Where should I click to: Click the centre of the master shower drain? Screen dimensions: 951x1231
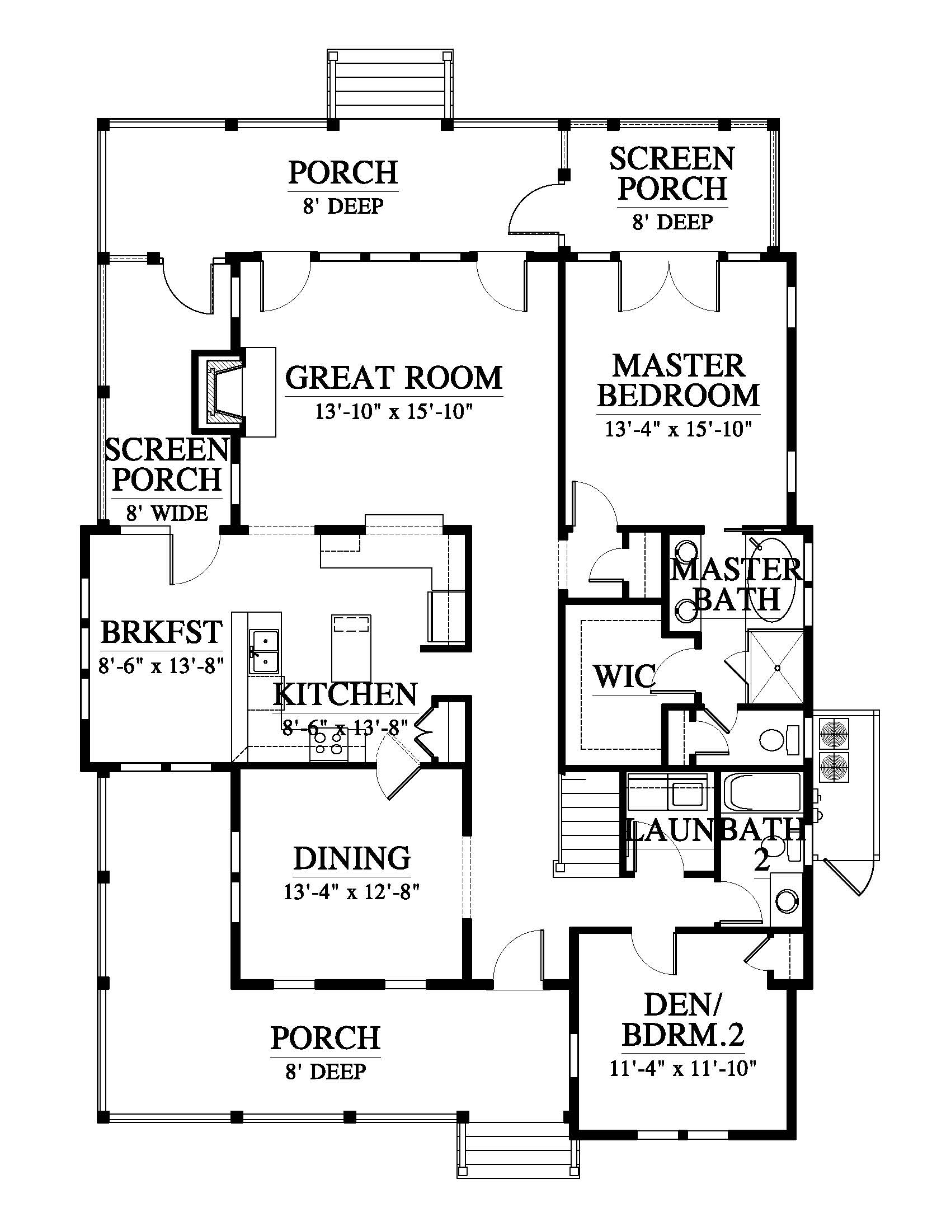(x=778, y=668)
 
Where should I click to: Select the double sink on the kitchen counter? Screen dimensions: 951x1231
(x=264, y=651)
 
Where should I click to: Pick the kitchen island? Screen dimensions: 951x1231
(x=351, y=648)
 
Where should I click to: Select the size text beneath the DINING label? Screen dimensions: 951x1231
(x=352, y=892)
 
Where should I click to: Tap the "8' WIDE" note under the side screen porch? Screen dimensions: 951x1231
(x=167, y=513)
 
